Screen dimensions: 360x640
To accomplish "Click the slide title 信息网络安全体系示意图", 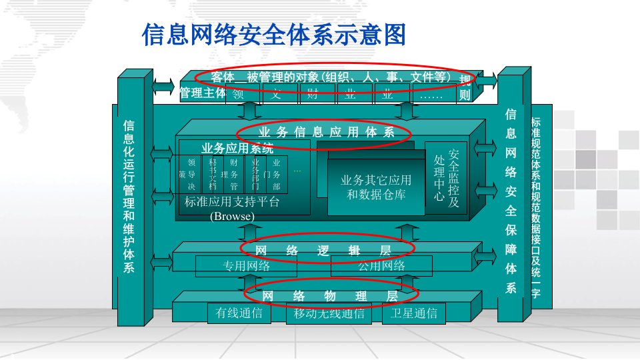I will click(x=274, y=35).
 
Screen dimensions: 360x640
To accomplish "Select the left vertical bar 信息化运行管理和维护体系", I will click(x=129, y=197).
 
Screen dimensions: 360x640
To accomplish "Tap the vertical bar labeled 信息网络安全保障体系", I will click(x=511, y=200).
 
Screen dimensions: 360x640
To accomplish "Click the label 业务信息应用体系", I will click(x=326, y=132).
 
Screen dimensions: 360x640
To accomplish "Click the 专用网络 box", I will click(x=246, y=267).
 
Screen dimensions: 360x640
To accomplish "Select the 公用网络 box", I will click(x=381, y=267).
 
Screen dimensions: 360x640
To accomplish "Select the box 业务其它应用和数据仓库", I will click(x=375, y=187).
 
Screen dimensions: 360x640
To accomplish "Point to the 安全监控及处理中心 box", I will click(x=446, y=178).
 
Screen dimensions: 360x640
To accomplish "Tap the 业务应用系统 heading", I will click(x=237, y=148).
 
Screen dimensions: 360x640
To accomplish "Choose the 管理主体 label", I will click(x=203, y=93).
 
